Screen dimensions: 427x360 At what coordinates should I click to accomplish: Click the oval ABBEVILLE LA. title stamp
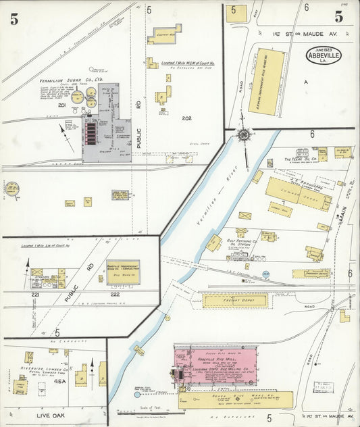pos(324,55)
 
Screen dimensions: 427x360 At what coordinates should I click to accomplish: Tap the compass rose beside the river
pos(242,135)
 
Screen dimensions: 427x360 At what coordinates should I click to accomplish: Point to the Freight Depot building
pos(234,301)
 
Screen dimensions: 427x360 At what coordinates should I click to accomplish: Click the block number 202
pos(186,118)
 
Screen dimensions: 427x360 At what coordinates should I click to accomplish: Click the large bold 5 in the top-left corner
pos(14,20)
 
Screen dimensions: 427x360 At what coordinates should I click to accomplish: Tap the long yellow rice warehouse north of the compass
pos(266,81)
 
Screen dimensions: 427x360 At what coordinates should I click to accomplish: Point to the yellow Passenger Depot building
pos(311,274)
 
